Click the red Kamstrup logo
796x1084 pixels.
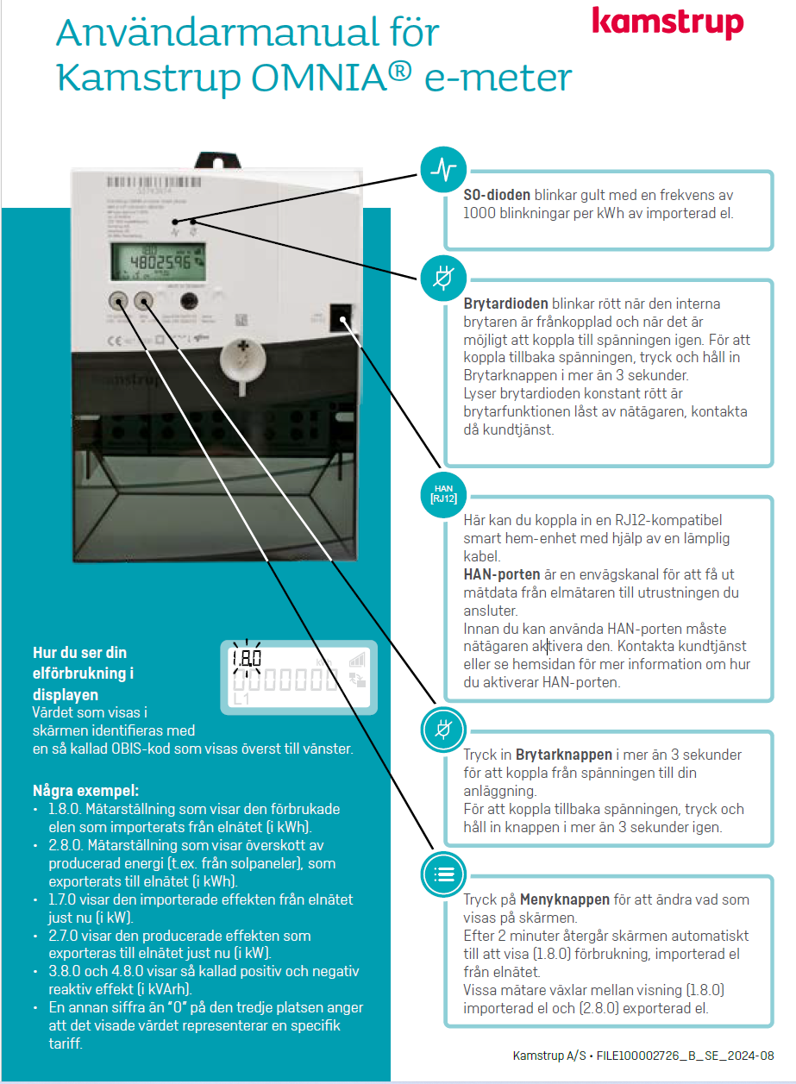pyautogui.click(x=667, y=23)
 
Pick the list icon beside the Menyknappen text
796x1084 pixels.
pyautogui.click(x=443, y=874)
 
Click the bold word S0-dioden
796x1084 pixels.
pyautogui.click(x=497, y=196)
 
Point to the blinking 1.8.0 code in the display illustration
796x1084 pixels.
pyautogui.click(x=246, y=658)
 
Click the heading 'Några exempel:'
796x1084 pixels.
pyautogui.click(x=85, y=790)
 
